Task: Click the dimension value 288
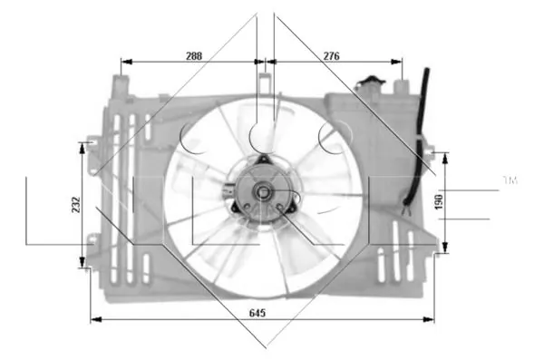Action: (x=194, y=55)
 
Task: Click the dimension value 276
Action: (x=331, y=55)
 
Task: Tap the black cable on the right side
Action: (x=416, y=154)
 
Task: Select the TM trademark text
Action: (x=510, y=182)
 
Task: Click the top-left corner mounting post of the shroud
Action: (x=115, y=86)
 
